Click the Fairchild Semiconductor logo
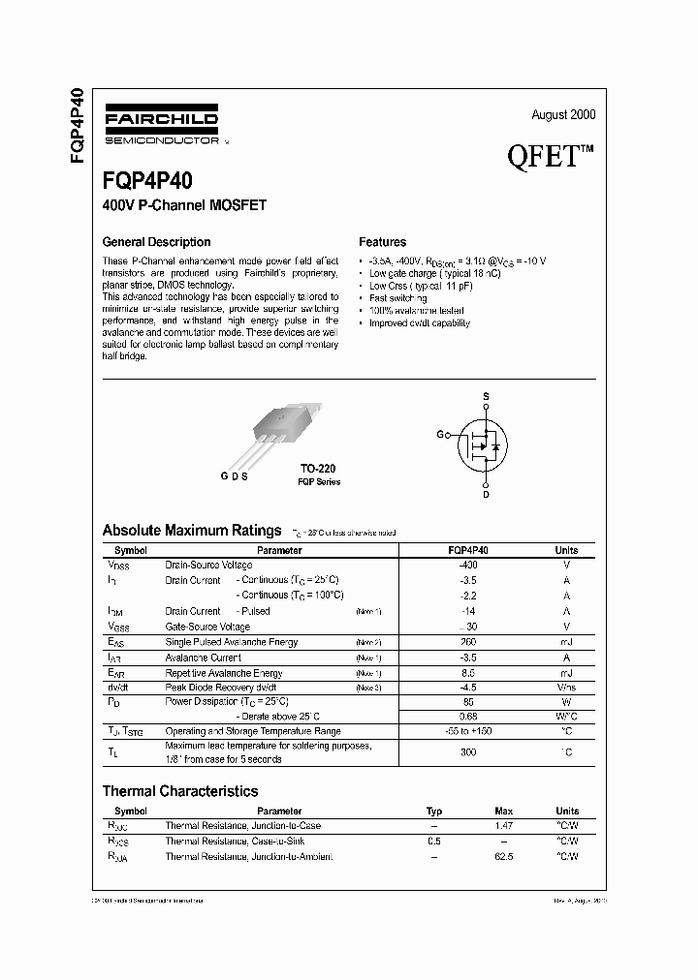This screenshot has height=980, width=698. [160, 124]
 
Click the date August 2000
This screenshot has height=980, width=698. [563, 114]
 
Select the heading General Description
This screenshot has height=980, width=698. [156, 242]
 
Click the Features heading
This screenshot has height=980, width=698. [382, 242]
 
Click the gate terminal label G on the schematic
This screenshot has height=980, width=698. [440, 435]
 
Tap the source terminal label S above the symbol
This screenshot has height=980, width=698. [487, 397]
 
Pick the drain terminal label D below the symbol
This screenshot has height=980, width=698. [487, 495]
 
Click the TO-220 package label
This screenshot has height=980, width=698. [318, 468]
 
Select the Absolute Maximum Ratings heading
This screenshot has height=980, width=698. [191, 531]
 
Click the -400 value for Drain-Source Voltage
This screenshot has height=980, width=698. [469, 565]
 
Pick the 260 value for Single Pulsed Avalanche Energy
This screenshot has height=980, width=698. [469, 642]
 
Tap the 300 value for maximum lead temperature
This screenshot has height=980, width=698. [469, 751]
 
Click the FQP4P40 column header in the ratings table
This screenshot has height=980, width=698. [469, 550]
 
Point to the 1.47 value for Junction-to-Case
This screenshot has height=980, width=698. [503, 826]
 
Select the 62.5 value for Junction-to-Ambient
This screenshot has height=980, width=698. [503, 857]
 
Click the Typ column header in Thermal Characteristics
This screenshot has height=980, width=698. [433, 812]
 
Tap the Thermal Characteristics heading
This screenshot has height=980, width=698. [180, 791]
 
